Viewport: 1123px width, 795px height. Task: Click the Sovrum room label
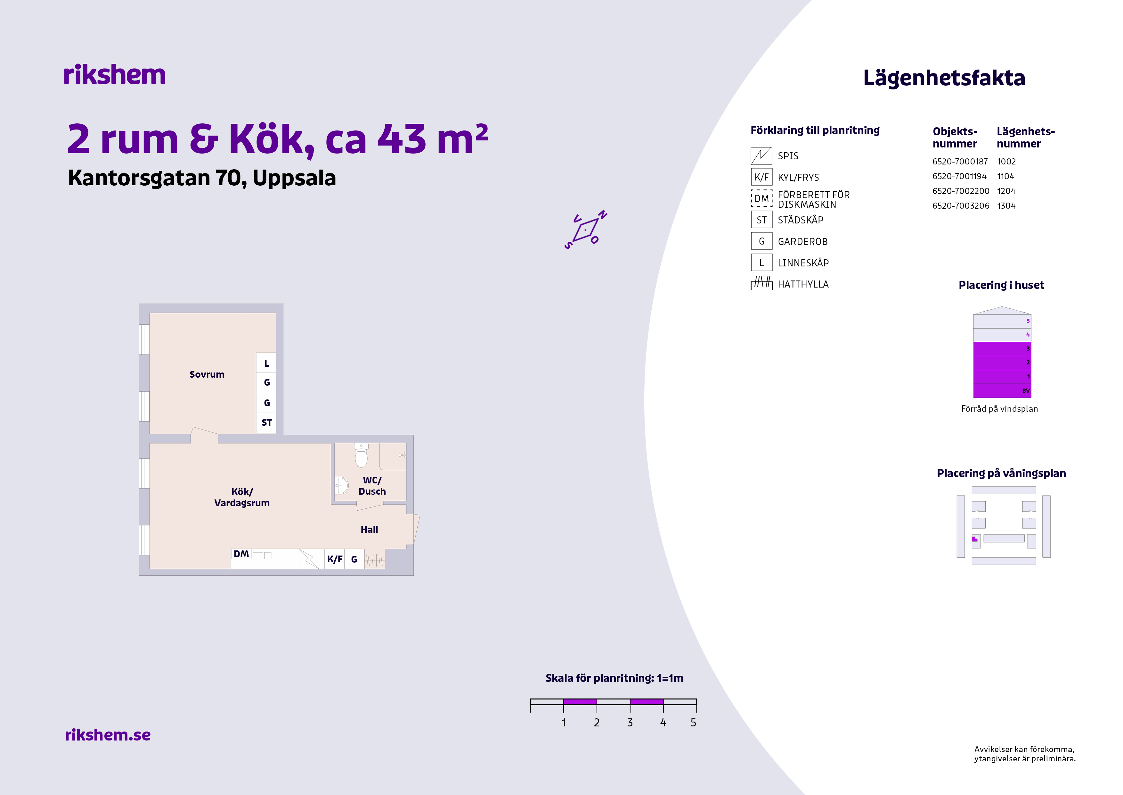207,374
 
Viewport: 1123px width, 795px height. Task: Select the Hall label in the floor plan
369,530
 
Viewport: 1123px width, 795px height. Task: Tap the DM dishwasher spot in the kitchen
241,554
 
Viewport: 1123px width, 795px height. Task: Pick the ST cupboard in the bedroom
266,423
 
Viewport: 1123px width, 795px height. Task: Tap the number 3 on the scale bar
630,723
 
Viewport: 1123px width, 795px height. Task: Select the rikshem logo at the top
114,75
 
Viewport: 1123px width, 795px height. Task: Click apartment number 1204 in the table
1006,191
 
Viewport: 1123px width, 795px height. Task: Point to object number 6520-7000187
960,162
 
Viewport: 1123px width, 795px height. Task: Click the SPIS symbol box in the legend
761,156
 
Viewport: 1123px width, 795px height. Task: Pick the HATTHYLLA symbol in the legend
761,283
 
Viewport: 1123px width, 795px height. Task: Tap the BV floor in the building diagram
1002,391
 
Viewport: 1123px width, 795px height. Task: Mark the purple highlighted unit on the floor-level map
974,539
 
